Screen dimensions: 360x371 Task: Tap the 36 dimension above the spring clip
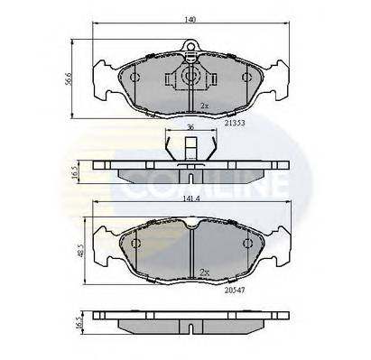coord(190,128)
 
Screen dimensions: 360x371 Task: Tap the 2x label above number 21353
coord(205,106)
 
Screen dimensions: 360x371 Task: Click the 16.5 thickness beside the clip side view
coord(79,171)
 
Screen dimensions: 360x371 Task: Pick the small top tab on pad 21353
coord(190,48)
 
